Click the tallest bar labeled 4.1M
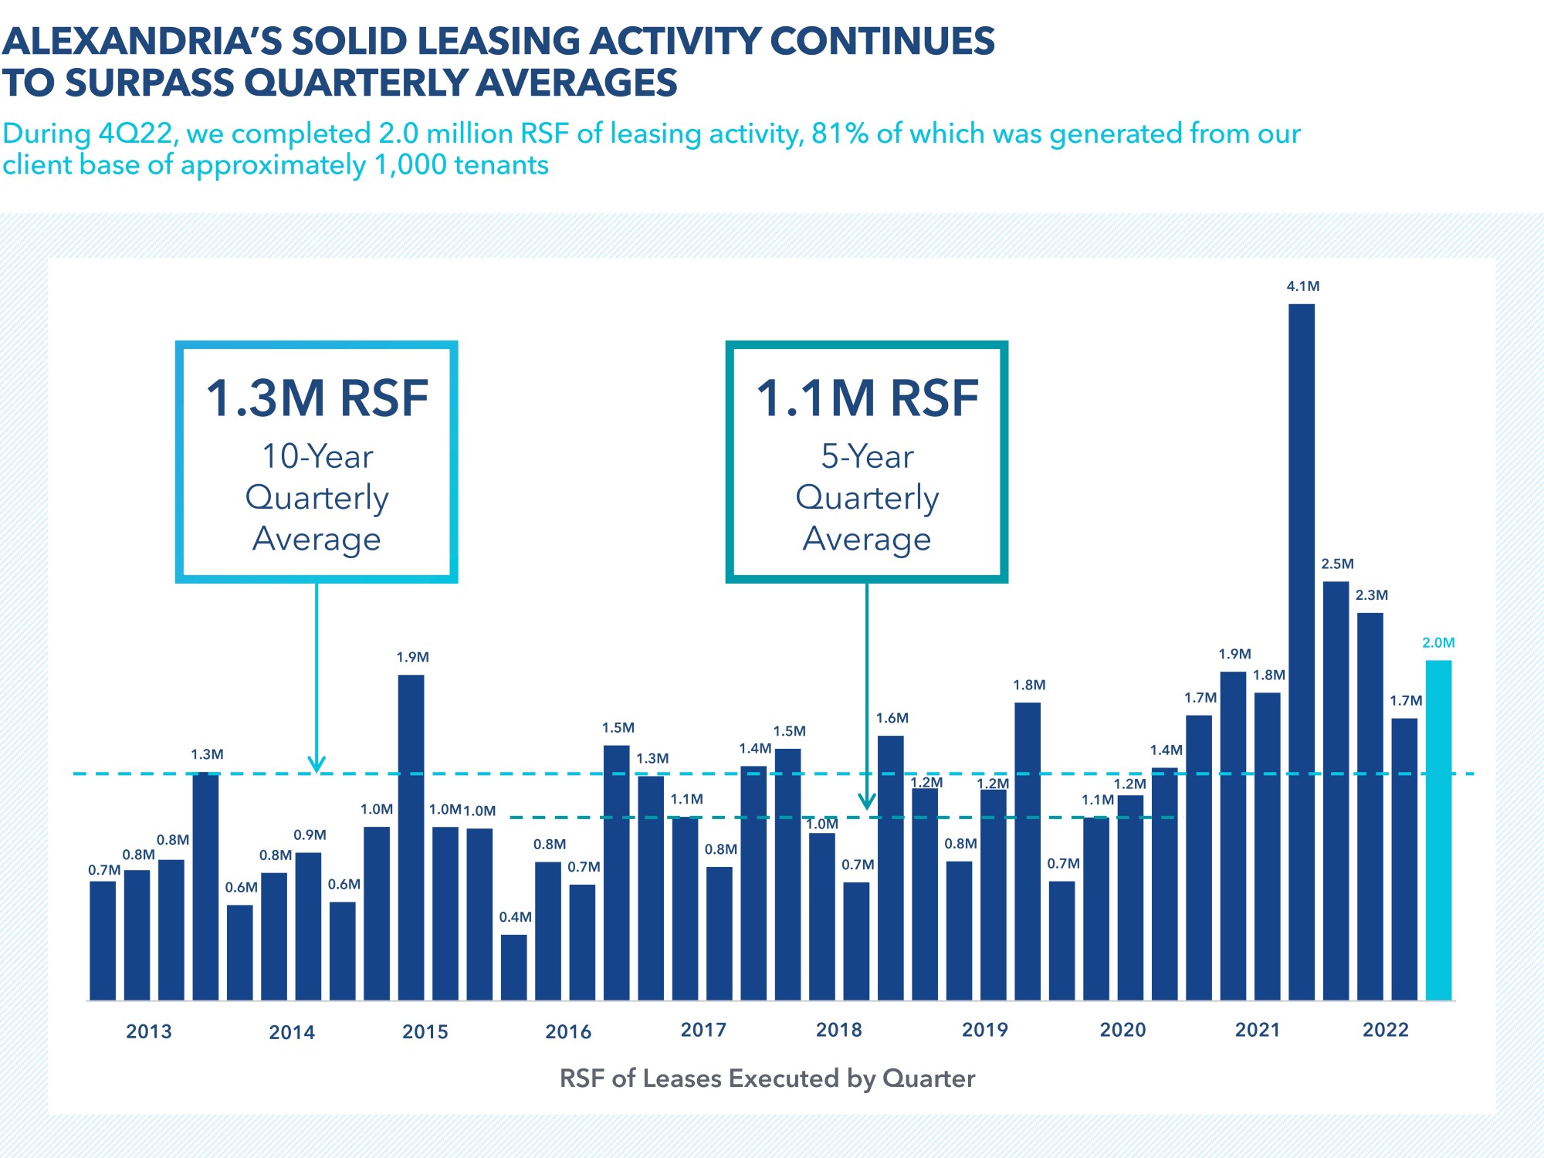click(x=1302, y=652)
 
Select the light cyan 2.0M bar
click(x=1438, y=830)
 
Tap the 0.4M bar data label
click(x=515, y=917)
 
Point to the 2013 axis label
click(x=149, y=1031)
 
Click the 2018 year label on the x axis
click(x=839, y=1030)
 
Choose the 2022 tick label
click(x=1386, y=1030)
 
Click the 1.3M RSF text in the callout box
click(x=317, y=399)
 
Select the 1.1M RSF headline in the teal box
click(x=867, y=399)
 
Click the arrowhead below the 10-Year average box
click(x=317, y=765)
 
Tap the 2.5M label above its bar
click(x=1337, y=564)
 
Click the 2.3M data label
click(x=1372, y=595)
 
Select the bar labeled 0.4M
click(x=513, y=967)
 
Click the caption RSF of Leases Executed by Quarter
click(x=767, y=1078)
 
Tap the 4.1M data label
click(x=1303, y=286)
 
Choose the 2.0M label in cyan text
click(x=1438, y=643)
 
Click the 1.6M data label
click(x=892, y=719)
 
